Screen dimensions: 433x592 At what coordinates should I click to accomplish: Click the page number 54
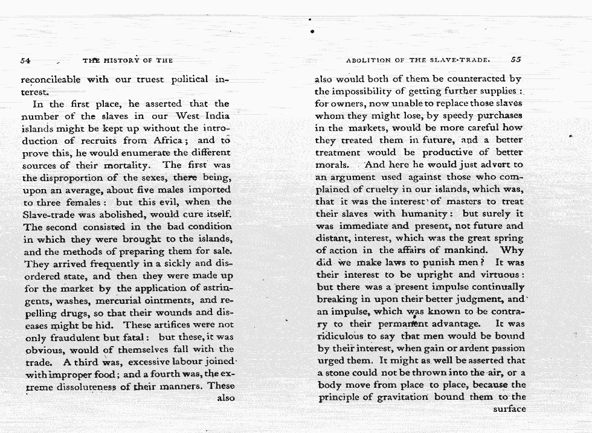[25, 60]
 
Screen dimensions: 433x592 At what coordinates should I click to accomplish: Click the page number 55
[515, 60]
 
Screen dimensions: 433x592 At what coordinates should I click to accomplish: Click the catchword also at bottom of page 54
[225, 398]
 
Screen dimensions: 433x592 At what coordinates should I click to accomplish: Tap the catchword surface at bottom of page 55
[509, 409]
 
